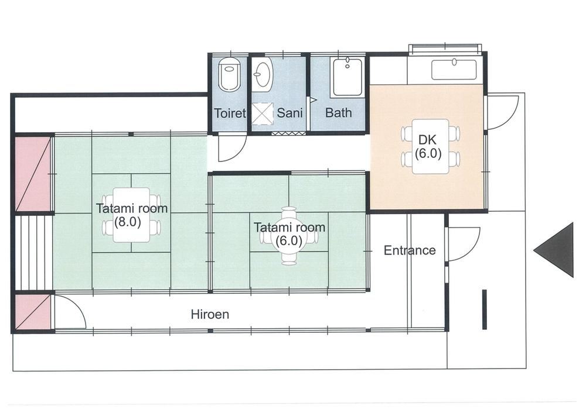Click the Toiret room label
230,113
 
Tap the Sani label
289,113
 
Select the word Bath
339,113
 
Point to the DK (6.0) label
428,147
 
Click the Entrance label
410,250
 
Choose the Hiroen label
210,314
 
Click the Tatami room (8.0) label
132,215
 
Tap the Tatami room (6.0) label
289,233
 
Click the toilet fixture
229,75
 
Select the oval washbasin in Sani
262,74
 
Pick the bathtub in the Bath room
347,77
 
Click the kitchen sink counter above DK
454,70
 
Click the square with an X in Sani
263,112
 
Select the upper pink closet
33,174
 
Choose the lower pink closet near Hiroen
33,312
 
